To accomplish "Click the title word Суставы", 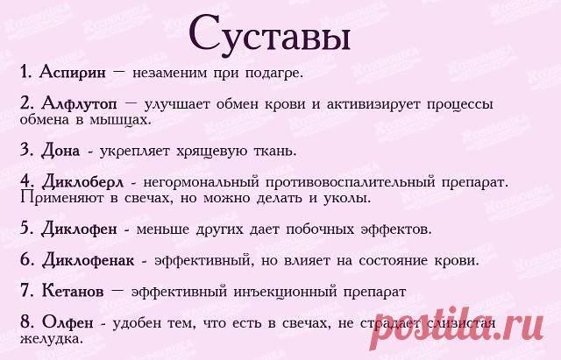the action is tap(269, 34).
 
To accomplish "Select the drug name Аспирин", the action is tap(73, 72).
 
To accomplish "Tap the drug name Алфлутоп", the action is tap(79, 104).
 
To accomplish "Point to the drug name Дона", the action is tap(60, 150).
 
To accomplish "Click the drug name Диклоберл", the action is tap(82, 182).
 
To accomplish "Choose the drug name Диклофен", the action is tap(79, 229).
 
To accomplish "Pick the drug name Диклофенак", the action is tap(88, 260).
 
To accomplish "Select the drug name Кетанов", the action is tap(73, 291).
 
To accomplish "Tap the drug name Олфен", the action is tap(67, 322).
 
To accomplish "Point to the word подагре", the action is tap(274, 74).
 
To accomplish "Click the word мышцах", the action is tap(121, 120).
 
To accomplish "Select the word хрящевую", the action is tap(212, 152).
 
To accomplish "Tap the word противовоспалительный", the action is tap(350, 182).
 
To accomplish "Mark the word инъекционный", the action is tap(286, 292).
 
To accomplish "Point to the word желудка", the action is tap(52, 339).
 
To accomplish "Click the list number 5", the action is tap(26, 228).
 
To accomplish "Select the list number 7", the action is tap(26, 290).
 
